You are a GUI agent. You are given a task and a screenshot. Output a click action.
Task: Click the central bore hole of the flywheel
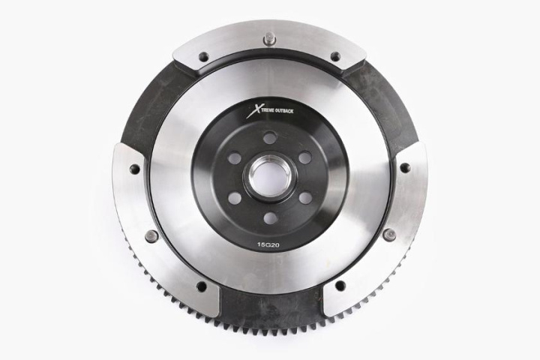pos(270,178)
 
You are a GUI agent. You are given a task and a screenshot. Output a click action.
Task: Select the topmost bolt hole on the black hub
pos(270,138)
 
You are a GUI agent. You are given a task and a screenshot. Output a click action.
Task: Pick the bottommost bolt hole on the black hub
pos(270,218)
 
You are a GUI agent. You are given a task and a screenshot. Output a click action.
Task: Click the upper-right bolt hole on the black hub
pos(305,158)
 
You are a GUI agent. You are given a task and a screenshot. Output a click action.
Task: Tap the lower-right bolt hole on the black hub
pos(305,198)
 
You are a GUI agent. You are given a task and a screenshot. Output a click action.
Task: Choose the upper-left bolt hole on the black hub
pos(235,158)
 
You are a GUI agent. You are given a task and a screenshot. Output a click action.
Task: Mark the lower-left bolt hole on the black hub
pos(235,198)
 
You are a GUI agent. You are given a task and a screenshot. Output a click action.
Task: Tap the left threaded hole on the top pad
pos(203,56)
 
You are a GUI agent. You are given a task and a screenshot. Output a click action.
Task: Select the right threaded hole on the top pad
pos(335,56)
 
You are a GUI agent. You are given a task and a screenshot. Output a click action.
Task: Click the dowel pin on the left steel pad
pos(151,235)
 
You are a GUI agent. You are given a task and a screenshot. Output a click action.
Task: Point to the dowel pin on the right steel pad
pos(388,235)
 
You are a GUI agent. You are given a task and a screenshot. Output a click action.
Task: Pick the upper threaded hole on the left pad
pos(135,169)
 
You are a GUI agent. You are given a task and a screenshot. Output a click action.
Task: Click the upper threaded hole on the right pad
pos(405,168)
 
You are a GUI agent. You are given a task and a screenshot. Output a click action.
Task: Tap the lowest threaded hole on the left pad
pos(202,286)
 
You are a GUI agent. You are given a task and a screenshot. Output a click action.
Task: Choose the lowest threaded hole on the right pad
pos(339,286)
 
